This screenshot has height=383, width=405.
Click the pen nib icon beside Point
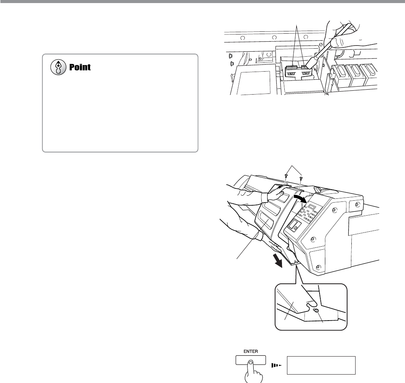58,67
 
